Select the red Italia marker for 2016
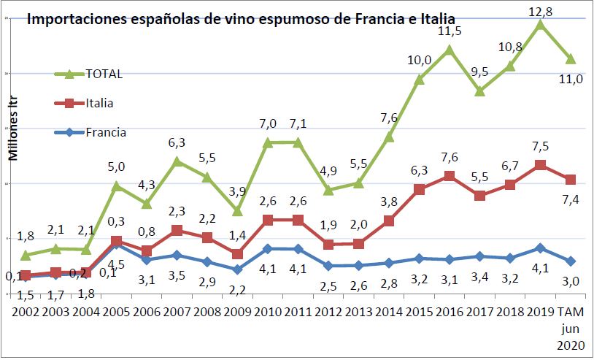click(449, 176)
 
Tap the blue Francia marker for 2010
click(268, 249)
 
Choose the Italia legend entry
click(99, 104)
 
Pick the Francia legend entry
click(105, 133)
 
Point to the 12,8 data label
click(539, 9)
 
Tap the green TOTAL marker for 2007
click(177, 161)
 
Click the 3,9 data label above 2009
click(237, 191)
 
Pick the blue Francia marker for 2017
click(479, 256)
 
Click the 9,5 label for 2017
click(479, 72)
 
